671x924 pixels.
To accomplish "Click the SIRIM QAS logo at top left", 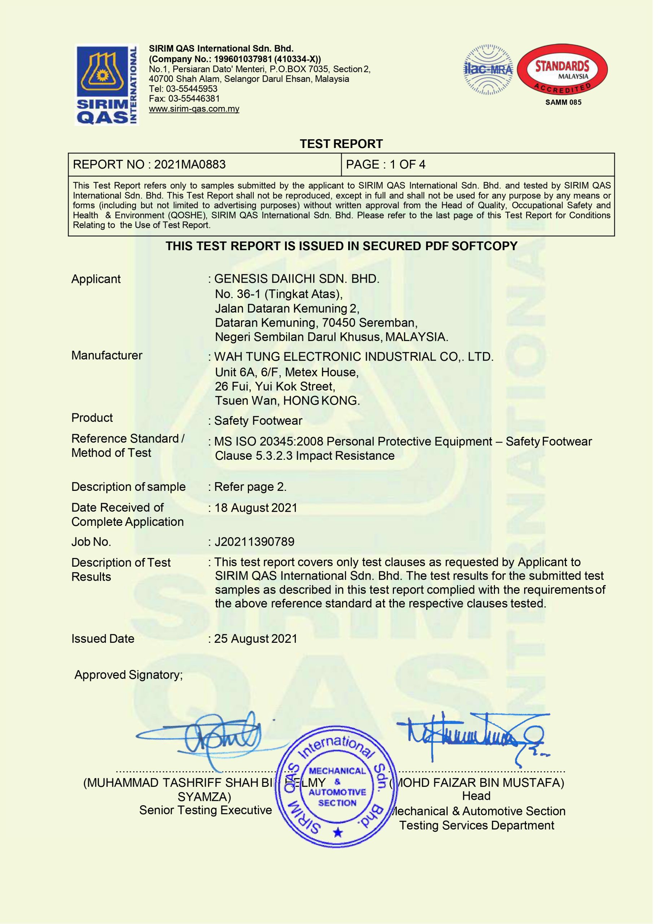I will tap(107, 85).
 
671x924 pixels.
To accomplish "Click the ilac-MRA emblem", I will tap(488, 70).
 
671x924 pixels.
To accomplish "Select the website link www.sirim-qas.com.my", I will tap(194, 109).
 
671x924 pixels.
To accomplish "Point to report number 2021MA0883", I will tap(190, 165).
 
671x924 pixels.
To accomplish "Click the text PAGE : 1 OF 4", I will tap(385, 165).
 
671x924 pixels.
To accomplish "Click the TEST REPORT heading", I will tap(341, 144).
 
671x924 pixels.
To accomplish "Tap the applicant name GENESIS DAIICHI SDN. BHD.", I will tap(297, 279).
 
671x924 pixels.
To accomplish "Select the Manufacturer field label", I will tap(107, 355).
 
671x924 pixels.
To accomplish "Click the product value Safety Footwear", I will tap(258, 420).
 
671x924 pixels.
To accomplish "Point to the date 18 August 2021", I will tap(256, 508).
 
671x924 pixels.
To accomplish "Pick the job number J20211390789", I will tap(254, 542).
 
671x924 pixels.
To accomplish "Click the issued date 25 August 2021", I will tap(256, 639).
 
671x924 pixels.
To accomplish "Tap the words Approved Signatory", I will tap(128, 675).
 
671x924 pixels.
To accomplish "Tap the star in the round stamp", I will tap(338, 832).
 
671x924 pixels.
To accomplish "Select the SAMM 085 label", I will tap(563, 102).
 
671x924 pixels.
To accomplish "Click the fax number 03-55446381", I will tap(194, 99).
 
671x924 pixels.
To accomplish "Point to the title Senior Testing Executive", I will tap(205, 810).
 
